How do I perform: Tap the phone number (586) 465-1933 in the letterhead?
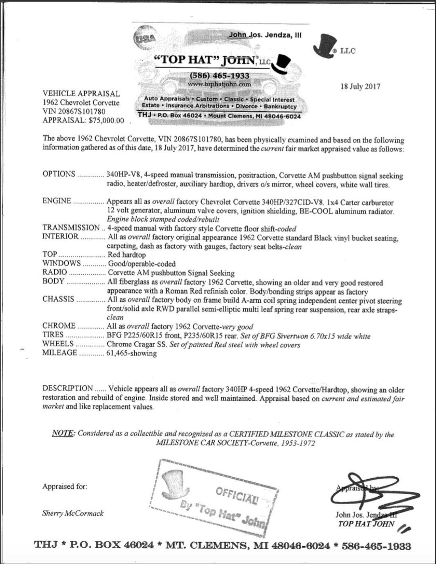pyautogui.click(x=220, y=75)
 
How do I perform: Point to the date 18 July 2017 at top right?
pyautogui.click(x=360, y=86)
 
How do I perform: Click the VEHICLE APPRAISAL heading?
pyautogui.click(x=81, y=94)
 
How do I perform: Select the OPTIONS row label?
pyautogui.click(x=59, y=174)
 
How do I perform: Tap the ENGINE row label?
pyautogui.click(x=57, y=201)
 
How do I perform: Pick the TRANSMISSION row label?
pyautogui.click(x=71, y=228)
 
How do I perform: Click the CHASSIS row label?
pyautogui.click(x=58, y=299)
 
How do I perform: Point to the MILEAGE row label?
pyautogui.click(x=60, y=352)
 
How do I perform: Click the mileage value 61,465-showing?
pyautogui.click(x=132, y=353)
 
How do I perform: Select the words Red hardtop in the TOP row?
pyautogui.click(x=126, y=254)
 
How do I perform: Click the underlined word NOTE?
pyautogui.click(x=63, y=433)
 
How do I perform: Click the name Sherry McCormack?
pyautogui.click(x=73, y=513)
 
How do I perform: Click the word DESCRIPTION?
pyautogui.click(x=67, y=388)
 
